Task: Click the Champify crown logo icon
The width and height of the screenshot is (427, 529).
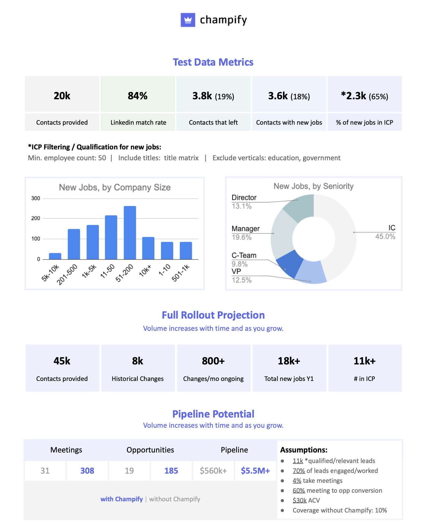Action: [x=188, y=20]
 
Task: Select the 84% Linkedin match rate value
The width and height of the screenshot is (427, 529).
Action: [x=137, y=96]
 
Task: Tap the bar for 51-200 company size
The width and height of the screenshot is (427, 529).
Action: [x=130, y=233]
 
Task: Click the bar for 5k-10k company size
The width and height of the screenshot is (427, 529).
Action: [x=55, y=256]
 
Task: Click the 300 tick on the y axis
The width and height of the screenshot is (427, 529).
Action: [x=36, y=199]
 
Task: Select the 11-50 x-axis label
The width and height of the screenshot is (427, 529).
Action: [x=108, y=271]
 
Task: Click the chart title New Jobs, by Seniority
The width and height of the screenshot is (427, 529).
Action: [x=313, y=186]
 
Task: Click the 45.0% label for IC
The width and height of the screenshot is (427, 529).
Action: [x=385, y=236]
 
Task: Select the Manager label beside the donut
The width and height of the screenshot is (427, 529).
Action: [x=245, y=229]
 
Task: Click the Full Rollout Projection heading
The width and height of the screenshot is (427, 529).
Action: [x=213, y=315]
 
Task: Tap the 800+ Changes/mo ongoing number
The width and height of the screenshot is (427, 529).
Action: [x=213, y=361]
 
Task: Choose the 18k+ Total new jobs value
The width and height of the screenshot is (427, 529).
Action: [x=289, y=361]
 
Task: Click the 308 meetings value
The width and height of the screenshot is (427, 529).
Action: [x=87, y=471]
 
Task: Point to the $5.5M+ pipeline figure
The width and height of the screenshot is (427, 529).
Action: [x=255, y=471]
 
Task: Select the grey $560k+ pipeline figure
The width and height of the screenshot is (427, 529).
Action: [x=213, y=471]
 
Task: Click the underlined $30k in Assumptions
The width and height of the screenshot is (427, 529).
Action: [x=299, y=500]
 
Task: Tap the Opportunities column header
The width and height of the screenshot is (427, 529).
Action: [x=150, y=450]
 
